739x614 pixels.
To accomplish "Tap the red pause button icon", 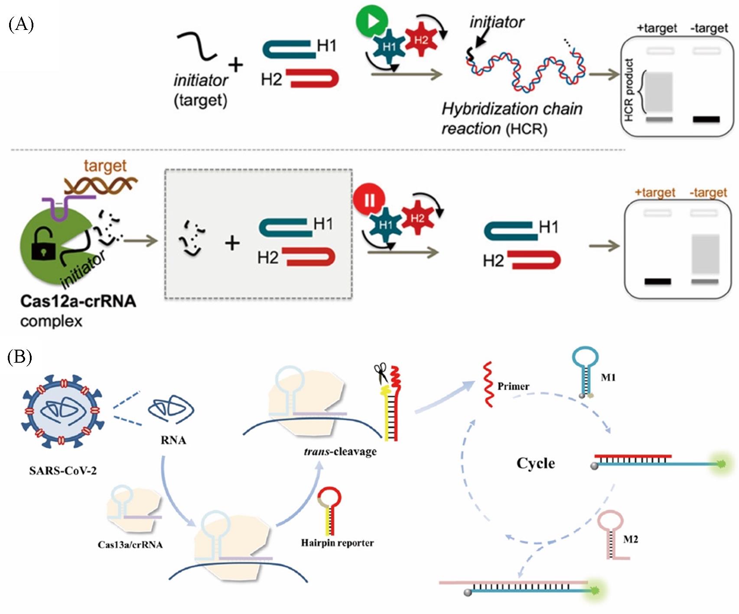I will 368,200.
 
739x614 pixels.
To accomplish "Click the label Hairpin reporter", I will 337,543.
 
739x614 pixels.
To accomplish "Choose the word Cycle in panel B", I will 536,463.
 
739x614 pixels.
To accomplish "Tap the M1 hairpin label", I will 608,377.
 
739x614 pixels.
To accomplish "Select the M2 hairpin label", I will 631,539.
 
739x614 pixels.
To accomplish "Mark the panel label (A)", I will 21,25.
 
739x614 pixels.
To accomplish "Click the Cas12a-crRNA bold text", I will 78,301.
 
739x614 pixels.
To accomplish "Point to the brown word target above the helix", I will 105,166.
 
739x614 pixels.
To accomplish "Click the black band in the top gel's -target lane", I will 706,119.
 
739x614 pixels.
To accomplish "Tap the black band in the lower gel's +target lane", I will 658,282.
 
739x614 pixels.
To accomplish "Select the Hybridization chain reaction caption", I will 511,118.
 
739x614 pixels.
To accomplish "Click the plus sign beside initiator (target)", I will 236,65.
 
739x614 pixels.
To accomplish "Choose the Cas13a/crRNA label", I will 130,545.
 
